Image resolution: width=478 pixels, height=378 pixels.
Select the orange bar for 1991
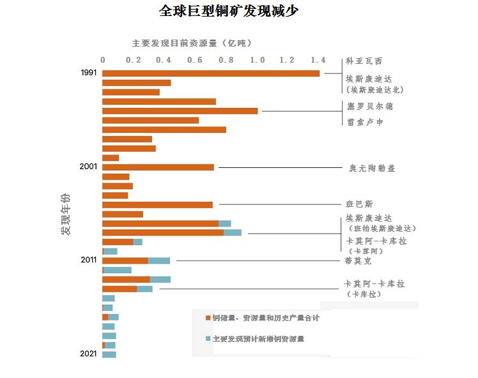211,73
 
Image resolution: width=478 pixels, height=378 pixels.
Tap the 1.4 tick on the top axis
318,60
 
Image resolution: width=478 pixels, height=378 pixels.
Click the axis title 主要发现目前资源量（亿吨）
192,43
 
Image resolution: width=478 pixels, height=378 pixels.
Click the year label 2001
88,167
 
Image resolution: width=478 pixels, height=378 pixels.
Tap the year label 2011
88,260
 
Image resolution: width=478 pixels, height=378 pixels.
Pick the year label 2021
88,353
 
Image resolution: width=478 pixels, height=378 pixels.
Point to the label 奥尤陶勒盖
372,169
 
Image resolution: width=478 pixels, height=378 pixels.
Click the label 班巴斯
359,204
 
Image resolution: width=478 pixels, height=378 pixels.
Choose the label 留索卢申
365,121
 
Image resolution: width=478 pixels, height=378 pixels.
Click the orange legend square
208,318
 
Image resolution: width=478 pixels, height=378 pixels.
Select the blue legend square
208,339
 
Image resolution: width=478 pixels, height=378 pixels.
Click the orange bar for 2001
158,167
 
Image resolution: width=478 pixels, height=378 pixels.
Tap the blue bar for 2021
109,354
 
